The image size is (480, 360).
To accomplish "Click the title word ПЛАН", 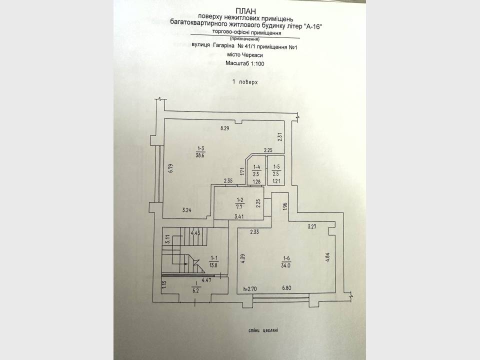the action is [246, 11].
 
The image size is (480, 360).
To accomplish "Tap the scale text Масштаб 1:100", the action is [244, 63].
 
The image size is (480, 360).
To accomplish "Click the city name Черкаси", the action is [252, 55].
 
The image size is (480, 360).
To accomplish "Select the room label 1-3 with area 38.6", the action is [200, 152].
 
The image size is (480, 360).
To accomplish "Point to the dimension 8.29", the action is [224, 128].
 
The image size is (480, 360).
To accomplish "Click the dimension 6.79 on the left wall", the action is [171, 168].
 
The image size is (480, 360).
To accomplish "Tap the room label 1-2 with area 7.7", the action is [239, 203].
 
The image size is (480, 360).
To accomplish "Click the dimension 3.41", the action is [239, 216].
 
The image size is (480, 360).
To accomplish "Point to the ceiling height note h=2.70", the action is [250, 288].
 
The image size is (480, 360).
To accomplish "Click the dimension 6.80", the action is [286, 288].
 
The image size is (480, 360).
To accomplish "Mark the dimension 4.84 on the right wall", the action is [327, 256].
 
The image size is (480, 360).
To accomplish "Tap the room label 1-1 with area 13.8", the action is [213, 262].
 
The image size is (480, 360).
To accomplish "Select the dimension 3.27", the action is [312, 227].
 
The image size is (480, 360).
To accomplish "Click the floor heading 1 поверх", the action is [245, 82].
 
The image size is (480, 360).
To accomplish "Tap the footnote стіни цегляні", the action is [263, 330].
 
